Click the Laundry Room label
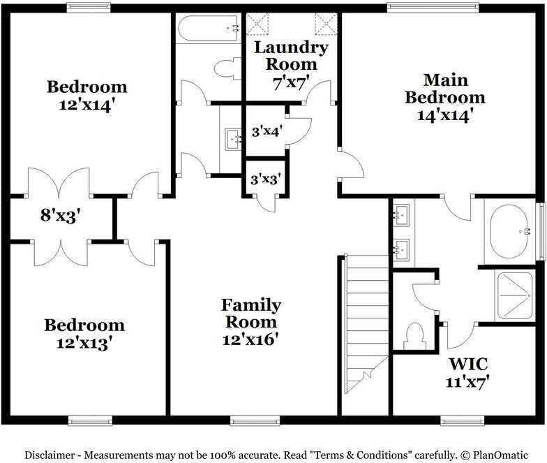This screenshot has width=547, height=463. point(292,56)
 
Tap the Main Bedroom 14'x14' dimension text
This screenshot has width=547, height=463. point(445,115)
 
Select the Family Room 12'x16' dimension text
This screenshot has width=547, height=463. point(250,339)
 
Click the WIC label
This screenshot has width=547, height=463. point(468,364)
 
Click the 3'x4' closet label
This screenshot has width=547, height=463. point(267,131)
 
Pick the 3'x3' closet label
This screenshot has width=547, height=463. point(265,179)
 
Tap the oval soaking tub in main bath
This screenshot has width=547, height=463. point(509,231)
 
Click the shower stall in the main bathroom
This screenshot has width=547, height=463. point(515,296)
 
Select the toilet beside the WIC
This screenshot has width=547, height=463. point(414,336)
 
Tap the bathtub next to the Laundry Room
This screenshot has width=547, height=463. point(209,29)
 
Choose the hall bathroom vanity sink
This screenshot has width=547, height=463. point(233,139)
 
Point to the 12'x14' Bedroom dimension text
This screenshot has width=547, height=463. point(87,105)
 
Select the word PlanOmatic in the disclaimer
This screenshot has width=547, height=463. point(500,455)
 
